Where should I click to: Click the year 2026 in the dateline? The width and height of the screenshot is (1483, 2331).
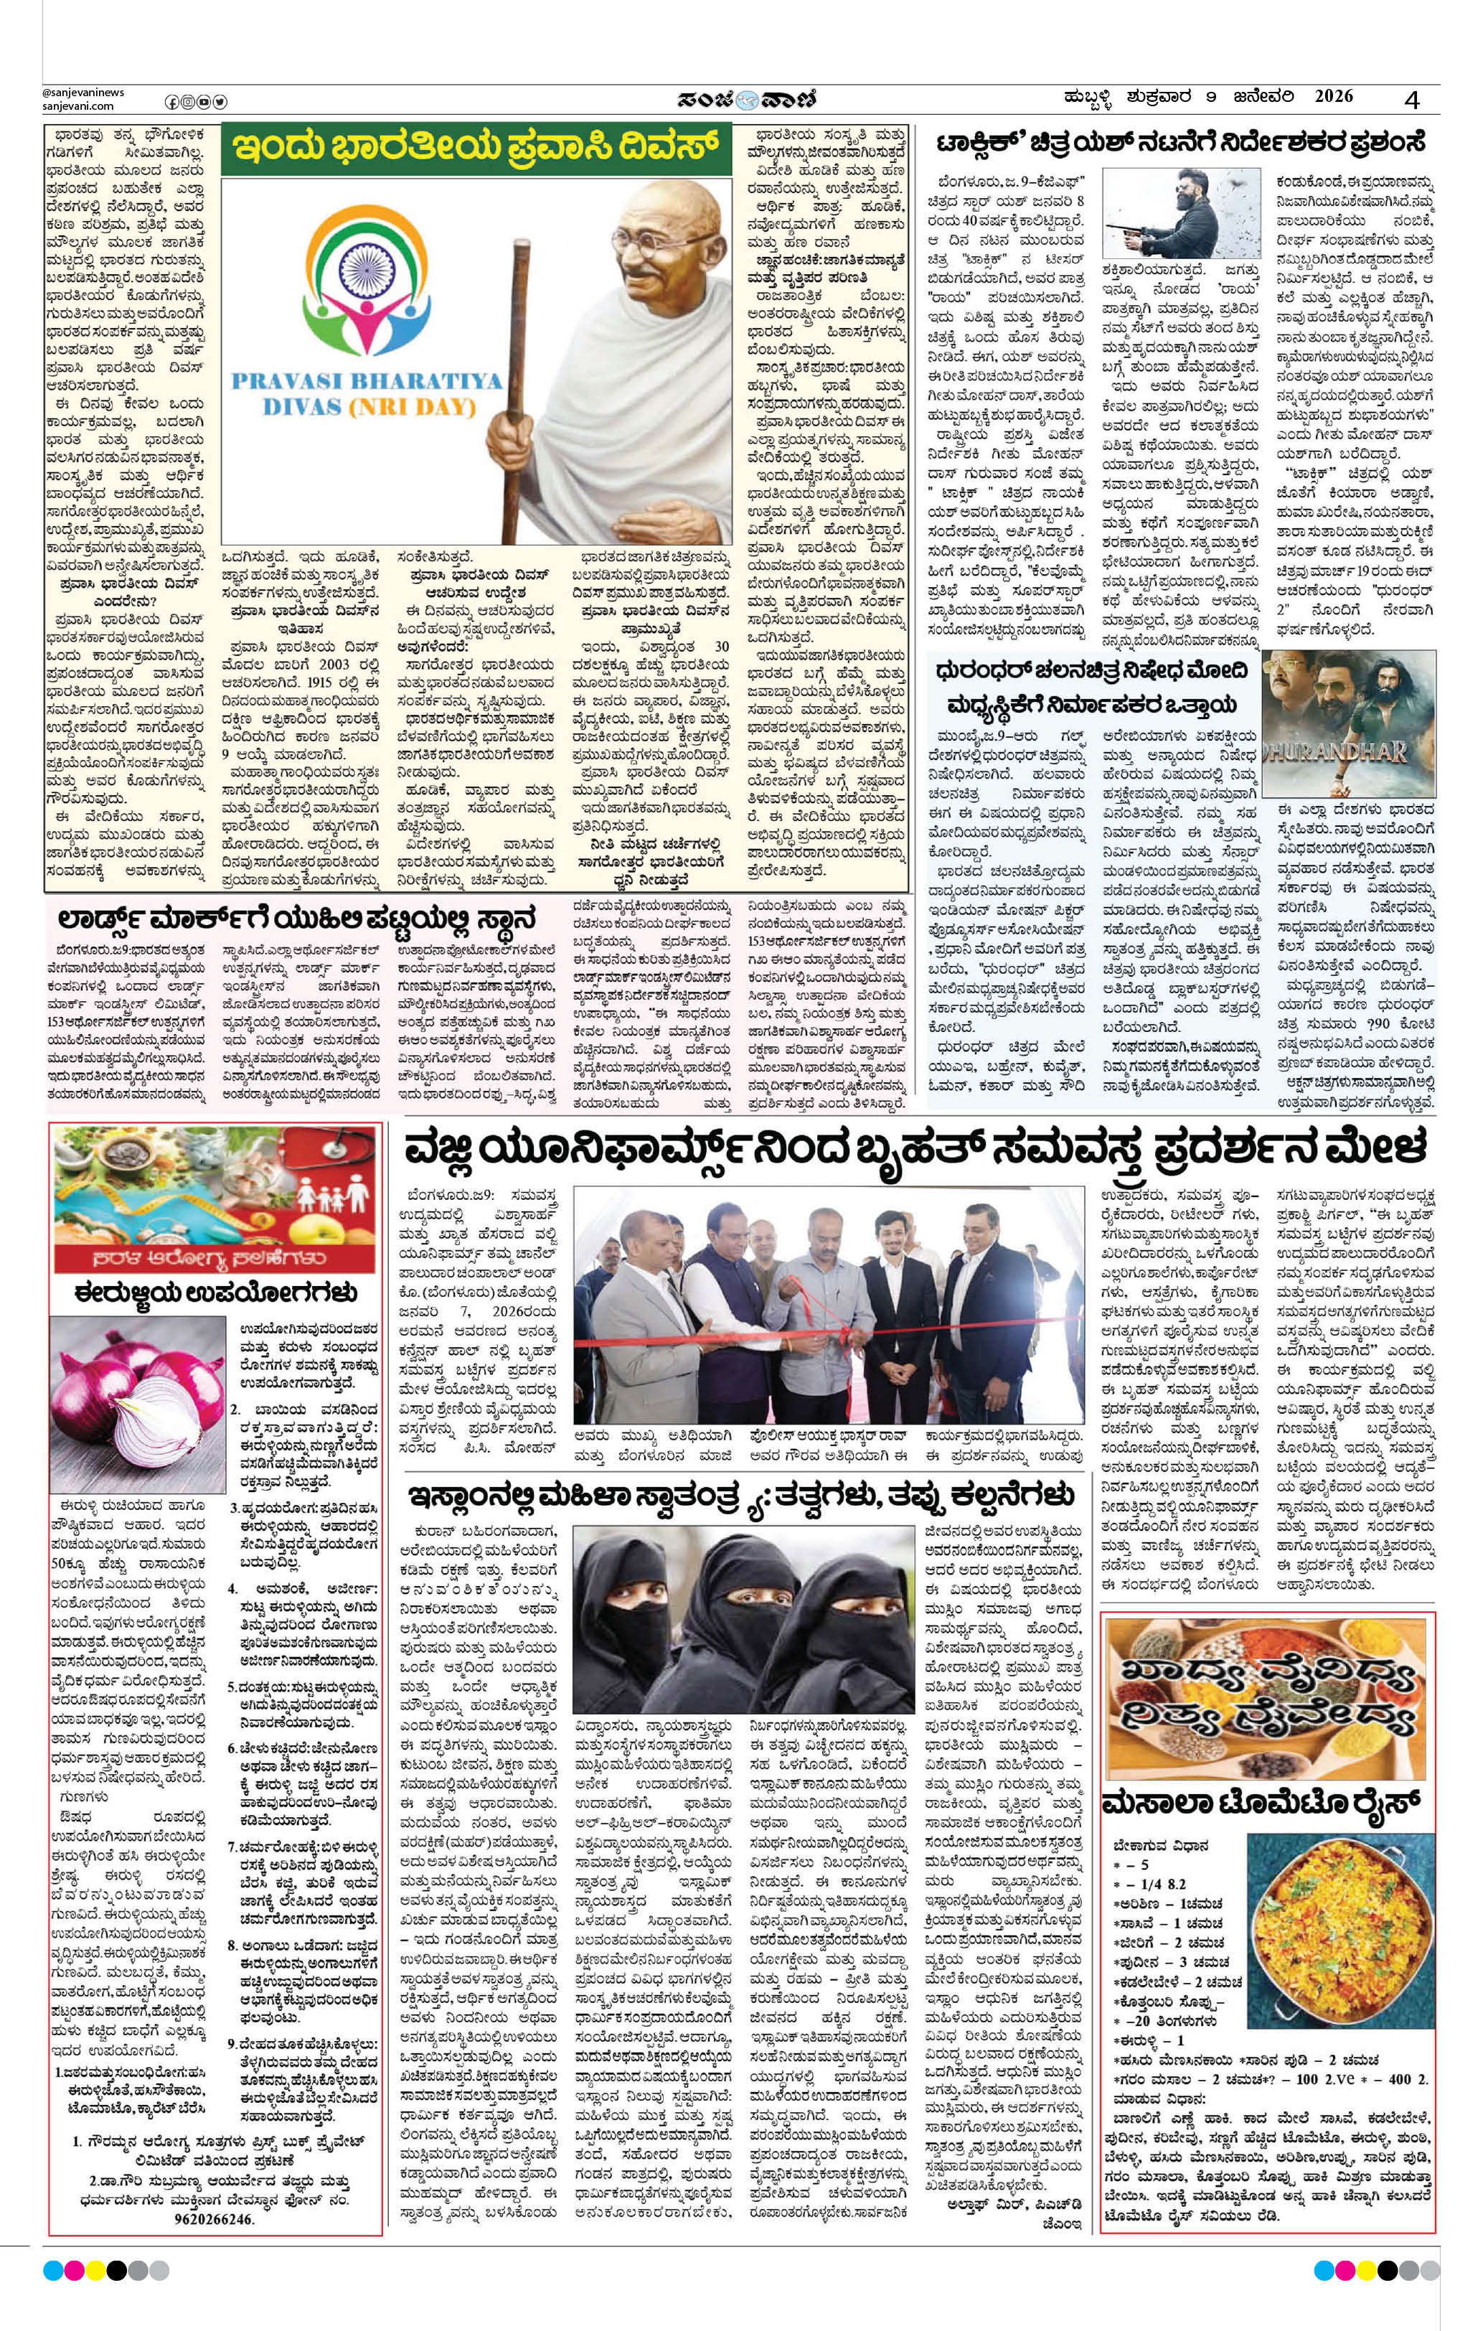click(1333, 97)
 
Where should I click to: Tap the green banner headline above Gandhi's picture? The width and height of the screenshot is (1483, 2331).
click(475, 150)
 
